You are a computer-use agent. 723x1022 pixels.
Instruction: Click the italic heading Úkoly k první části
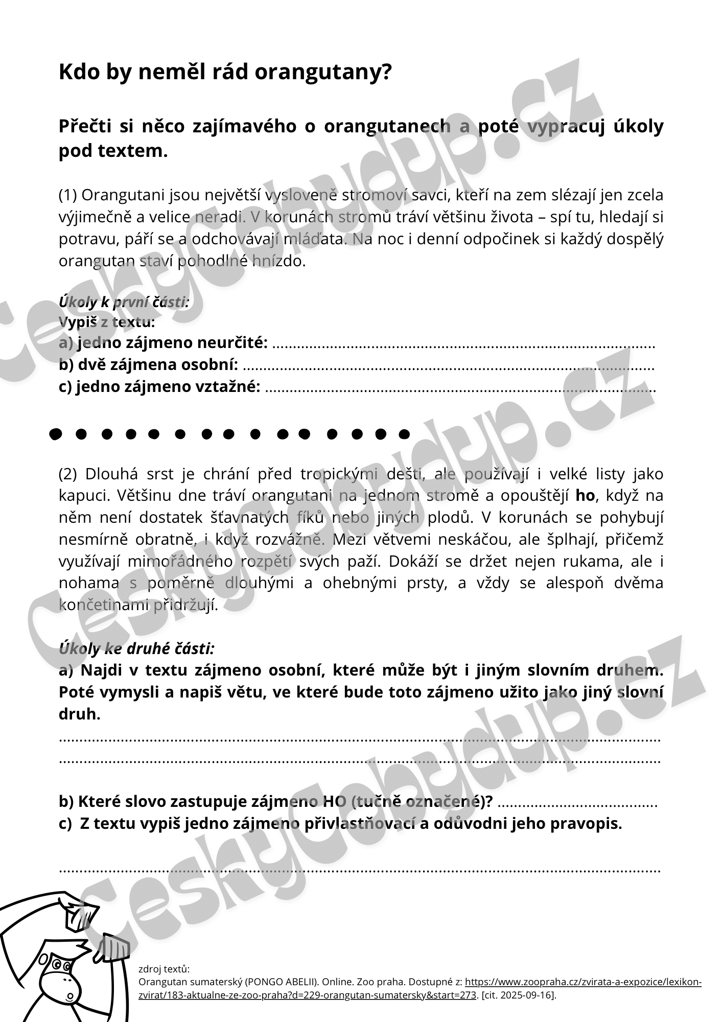(124, 302)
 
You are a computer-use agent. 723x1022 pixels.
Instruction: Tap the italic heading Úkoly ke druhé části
(136, 648)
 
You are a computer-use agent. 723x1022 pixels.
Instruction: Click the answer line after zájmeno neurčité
(462, 345)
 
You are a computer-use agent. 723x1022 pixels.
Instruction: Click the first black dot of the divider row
(55, 434)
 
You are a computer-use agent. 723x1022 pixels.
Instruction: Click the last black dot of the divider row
(404, 434)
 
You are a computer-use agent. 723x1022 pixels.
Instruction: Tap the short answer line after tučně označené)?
(576, 804)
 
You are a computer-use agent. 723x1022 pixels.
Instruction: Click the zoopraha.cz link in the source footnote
(582, 982)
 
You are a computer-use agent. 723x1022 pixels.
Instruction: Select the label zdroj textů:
(164, 969)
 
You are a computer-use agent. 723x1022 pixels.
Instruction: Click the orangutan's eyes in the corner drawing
(61, 965)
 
